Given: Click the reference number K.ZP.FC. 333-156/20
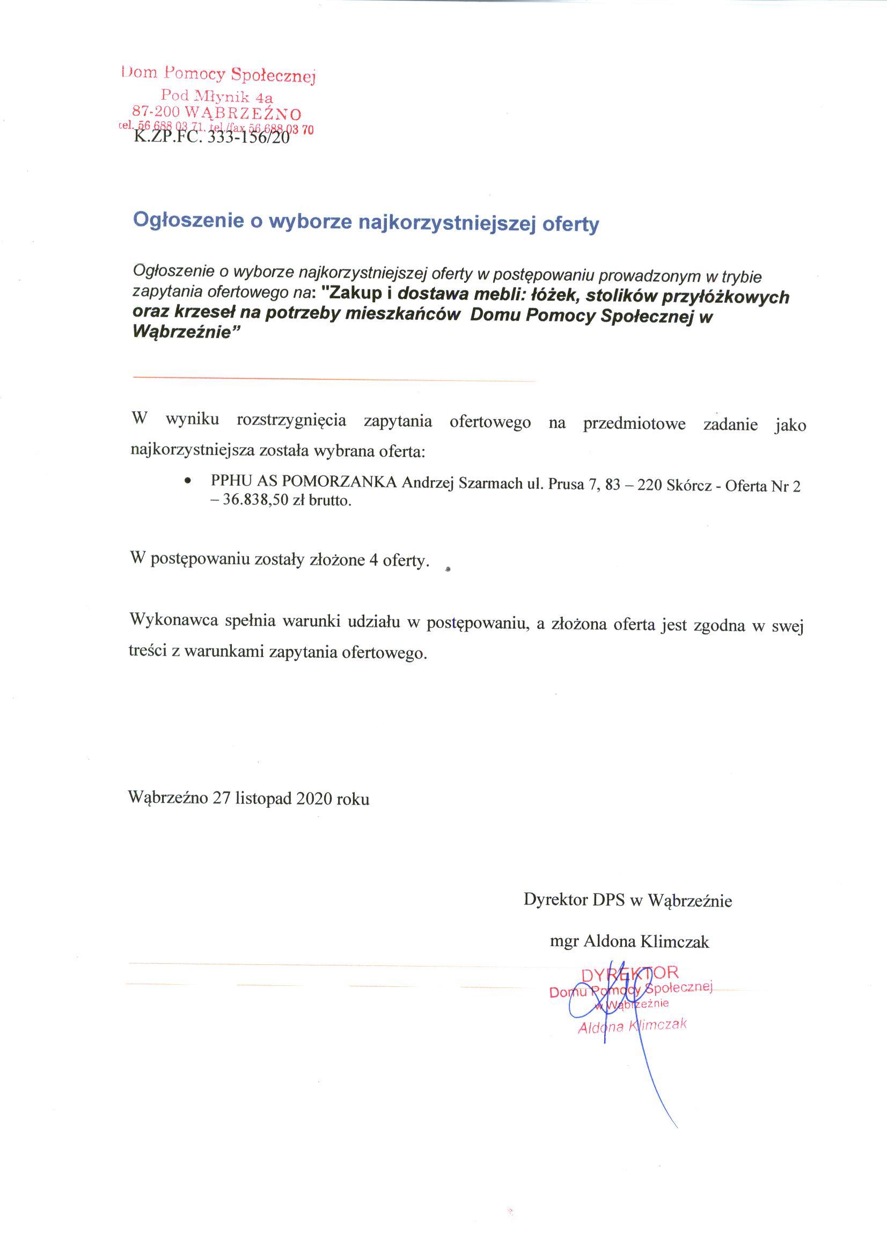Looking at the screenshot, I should coord(211,136).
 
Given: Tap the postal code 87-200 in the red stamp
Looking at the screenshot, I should coord(157,112).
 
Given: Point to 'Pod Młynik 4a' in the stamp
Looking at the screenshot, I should coord(217,97).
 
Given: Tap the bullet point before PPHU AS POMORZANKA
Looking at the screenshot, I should coord(188,481).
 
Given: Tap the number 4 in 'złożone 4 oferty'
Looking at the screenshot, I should coord(373,560).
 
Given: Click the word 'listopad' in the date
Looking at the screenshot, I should coord(263,799).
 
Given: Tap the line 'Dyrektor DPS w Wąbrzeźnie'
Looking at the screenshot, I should coord(628,899).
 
